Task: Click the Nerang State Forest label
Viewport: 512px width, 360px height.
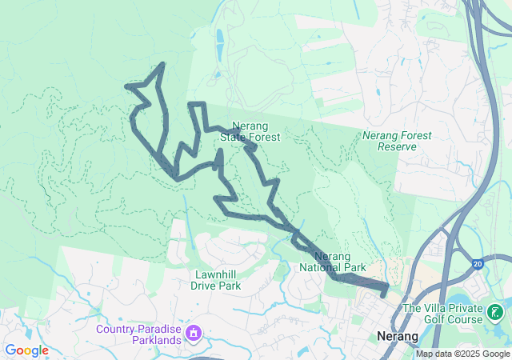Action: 250,131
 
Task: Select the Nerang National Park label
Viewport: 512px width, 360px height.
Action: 333,262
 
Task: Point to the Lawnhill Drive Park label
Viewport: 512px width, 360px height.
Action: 218,279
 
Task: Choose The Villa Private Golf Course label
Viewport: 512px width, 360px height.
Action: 442,314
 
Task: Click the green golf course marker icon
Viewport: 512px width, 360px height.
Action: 495,312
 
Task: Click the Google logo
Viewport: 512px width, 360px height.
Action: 26,350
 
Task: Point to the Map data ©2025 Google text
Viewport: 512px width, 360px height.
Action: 462,354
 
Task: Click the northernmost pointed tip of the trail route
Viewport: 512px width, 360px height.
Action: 163,64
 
